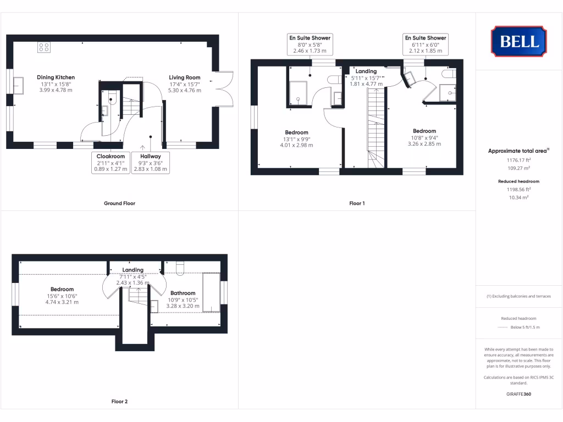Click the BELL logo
518,41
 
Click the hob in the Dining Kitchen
44,47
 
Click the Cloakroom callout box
111,163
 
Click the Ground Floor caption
119,203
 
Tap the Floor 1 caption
357,203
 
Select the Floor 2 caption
119,402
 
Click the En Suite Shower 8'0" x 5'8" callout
310,45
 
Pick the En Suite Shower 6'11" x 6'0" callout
426,45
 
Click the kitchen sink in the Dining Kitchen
18,86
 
